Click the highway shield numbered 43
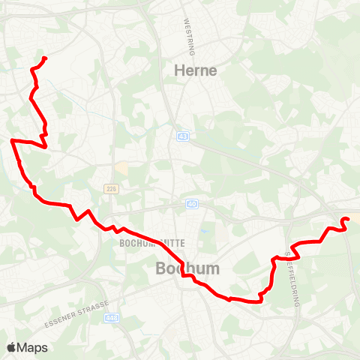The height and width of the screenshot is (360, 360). pos(183,136)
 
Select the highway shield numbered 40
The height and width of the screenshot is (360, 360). pos(193,203)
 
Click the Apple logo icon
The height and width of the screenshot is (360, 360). pos(11,347)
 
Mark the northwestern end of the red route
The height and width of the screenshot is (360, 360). pos(45,58)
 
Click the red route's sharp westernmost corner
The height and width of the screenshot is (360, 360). pos(12,140)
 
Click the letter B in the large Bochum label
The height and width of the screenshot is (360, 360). pos(161,268)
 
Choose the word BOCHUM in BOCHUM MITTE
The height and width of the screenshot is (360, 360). pos(134,244)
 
